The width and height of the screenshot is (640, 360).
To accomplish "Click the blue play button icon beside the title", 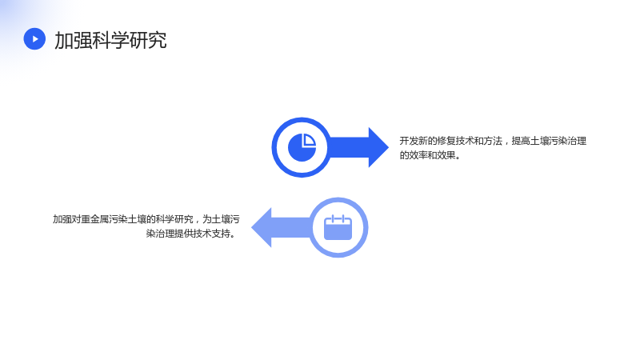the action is click(34, 38).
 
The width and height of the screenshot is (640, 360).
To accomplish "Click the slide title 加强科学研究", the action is click(110, 40).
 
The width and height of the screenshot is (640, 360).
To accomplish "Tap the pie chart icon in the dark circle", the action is click(302, 147).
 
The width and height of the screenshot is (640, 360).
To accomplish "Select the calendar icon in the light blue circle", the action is click(338, 227).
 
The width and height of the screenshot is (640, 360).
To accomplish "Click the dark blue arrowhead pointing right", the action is click(378, 147).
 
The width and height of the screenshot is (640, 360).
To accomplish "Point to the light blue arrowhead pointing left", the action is click(262, 227).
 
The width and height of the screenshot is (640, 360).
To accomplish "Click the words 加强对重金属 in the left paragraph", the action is click(81, 219).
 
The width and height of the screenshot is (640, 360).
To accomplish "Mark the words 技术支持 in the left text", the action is click(212, 234).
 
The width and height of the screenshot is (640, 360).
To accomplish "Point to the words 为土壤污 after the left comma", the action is click(222, 219).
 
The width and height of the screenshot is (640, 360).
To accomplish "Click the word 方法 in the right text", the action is click(493, 141).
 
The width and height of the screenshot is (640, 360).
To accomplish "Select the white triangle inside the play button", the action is click(35, 38).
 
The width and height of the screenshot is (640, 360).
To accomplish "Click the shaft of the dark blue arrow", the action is click(349, 147).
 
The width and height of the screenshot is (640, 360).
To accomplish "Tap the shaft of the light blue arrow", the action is click(291, 227).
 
